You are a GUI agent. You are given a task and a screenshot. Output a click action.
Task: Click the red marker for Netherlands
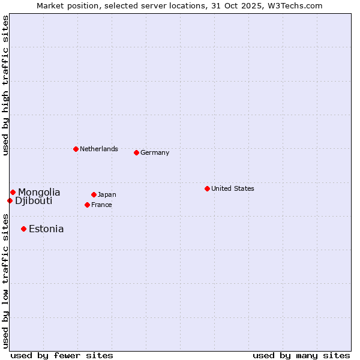(x=76, y=149)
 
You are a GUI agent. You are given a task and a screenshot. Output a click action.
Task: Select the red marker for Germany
(x=136, y=152)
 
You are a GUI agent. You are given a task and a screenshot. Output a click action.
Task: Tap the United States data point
(x=207, y=188)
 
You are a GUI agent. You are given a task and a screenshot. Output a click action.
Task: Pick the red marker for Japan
(x=94, y=194)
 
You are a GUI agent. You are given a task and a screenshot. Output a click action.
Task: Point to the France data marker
(x=87, y=205)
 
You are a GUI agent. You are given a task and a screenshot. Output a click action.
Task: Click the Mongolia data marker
(x=13, y=192)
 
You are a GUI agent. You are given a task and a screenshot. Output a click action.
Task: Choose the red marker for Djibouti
(x=10, y=200)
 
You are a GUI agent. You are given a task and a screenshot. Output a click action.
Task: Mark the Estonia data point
(x=23, y=229)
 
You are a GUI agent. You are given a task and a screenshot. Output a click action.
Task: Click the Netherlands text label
(x=99, y=149)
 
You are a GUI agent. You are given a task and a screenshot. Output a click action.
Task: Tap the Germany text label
(x=155, y=152)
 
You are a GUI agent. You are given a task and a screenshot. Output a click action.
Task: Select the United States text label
(x=233, y=188)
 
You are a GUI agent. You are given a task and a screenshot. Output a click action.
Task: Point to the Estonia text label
(x=46, y=229)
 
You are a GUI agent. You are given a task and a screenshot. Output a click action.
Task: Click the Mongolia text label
(x=39, y=192)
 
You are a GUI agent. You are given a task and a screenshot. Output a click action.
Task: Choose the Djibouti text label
(x=34, y=200)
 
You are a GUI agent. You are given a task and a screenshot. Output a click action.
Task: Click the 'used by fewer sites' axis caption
(x=62, y=355)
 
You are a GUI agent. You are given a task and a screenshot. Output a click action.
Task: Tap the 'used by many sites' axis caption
(x=301, y=355)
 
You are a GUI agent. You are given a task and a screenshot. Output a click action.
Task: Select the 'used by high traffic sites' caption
(x=5, y=85)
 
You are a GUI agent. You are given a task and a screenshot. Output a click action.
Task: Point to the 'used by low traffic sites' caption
(x=5, y=281)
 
